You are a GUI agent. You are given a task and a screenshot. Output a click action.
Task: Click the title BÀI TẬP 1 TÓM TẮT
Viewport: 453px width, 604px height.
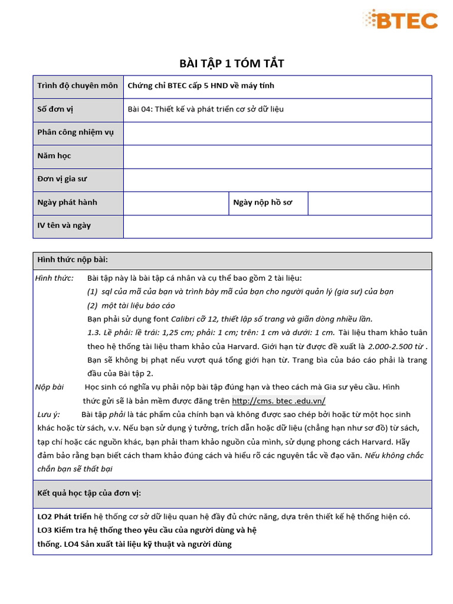click(232, 64)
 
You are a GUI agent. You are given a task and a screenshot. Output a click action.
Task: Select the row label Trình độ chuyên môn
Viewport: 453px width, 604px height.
click(77, 86)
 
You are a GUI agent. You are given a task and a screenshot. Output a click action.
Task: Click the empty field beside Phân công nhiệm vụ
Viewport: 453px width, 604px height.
click(277, 133)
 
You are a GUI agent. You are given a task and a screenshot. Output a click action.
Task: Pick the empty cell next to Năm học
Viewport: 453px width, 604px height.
click(277, 156)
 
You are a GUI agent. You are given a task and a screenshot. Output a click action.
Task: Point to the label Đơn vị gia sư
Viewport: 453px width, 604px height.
click(62, 179)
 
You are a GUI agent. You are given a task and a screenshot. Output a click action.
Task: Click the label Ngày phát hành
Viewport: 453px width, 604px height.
click(67, 202)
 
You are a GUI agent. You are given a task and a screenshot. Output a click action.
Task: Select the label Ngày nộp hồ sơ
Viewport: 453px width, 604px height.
click(262, 202)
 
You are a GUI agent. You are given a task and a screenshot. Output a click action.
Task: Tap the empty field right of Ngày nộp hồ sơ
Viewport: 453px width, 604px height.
click(369, 203)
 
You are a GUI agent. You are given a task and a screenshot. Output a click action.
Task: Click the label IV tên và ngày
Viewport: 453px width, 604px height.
click(64, 225)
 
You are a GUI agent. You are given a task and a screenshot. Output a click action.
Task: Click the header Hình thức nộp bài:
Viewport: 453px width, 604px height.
click(73, 260)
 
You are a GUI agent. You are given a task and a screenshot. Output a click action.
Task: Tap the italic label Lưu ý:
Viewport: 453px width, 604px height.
click(48, 415)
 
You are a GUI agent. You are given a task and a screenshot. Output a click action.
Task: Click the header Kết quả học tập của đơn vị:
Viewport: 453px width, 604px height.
click(89, 493)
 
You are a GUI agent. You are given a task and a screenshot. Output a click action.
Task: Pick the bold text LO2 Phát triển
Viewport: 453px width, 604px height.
click(65, 517)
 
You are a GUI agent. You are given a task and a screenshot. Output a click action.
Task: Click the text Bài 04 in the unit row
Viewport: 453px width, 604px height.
click(139, 109)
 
